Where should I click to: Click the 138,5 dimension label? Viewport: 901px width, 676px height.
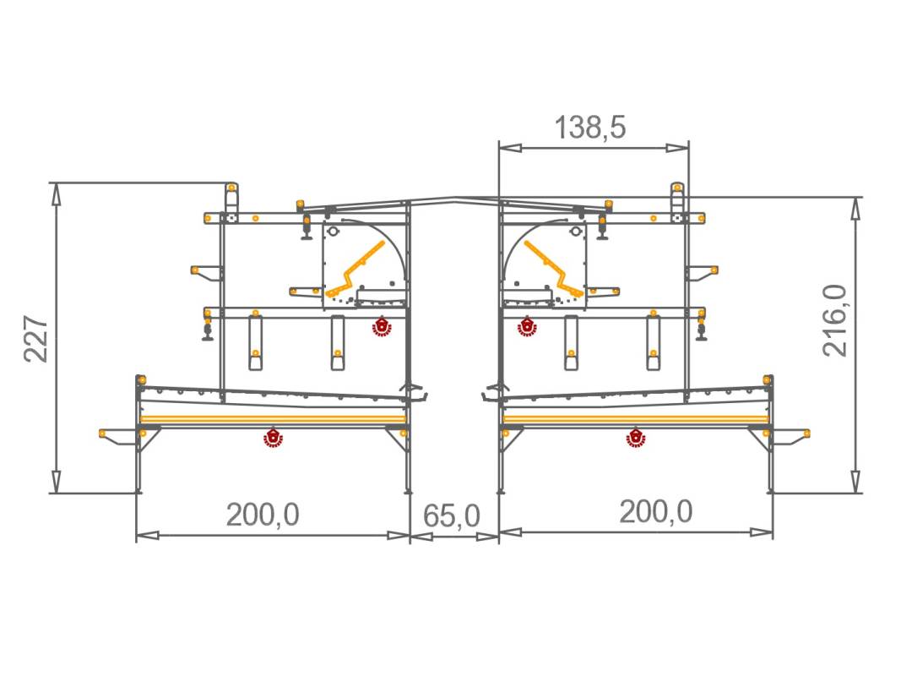590,127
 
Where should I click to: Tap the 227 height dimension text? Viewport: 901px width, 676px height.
36,339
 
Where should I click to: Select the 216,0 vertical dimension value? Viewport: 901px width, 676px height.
835,320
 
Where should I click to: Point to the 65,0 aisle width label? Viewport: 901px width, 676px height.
452,515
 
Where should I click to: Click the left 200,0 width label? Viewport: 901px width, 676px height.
263,514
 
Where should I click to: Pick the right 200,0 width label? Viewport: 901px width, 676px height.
655,511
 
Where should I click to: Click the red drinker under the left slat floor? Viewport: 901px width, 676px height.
273,437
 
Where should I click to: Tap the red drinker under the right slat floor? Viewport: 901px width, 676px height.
635,437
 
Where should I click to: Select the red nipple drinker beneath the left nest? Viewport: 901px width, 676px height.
382,326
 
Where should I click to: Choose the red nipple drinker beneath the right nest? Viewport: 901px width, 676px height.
527,326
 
